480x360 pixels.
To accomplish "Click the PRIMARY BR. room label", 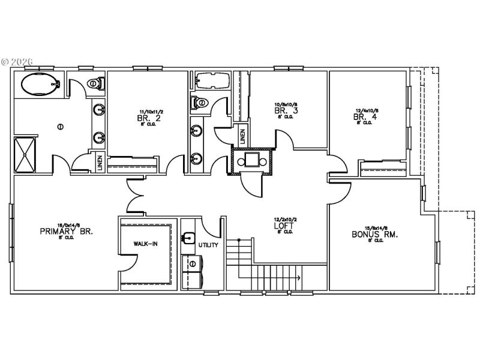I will pyautogui.click(x=66, y=231).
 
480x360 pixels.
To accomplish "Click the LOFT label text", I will pyautogui.click(x=284, y=226).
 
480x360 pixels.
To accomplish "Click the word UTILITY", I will pyautogui.click(x=209, y=245).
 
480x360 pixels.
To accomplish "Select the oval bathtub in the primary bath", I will pyautogui.click(x=41, y=85).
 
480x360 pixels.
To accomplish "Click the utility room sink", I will pyautogui.click(x=190, y=238).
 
